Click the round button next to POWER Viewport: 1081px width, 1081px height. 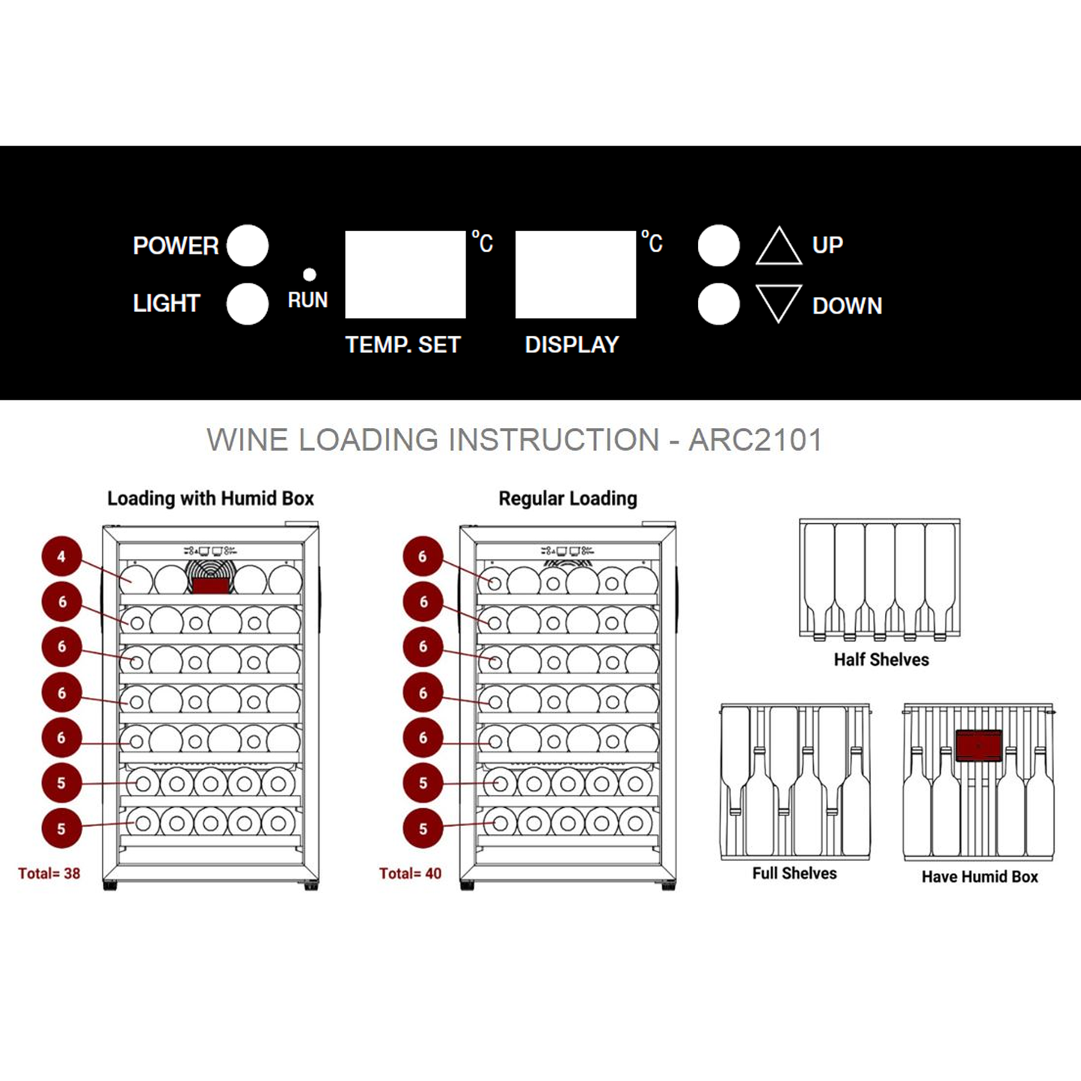(248, 245)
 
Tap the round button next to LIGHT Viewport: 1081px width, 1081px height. (248, 304)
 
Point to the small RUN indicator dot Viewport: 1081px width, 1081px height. (309, 275)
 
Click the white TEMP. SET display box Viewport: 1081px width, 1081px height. (405, 274)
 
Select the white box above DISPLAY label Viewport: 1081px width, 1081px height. (575, 274)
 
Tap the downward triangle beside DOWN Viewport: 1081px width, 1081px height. (778, 301)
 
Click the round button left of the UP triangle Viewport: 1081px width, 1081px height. (718, 245)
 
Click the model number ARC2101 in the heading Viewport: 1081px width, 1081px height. (755, 440)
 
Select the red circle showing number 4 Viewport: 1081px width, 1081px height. (61, 557)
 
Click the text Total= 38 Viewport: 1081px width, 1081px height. (49, 873)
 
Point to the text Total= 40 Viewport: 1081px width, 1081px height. (410, 873)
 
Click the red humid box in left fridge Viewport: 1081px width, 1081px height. (210, 584)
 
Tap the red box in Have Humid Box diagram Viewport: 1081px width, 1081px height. (979, 745)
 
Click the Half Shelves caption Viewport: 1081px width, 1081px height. (881, 660)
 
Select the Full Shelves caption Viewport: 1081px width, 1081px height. (794, 873)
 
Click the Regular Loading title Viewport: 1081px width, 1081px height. (568, 498)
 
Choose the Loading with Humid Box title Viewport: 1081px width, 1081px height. (210, 498)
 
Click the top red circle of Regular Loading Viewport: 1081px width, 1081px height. (423, 557)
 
